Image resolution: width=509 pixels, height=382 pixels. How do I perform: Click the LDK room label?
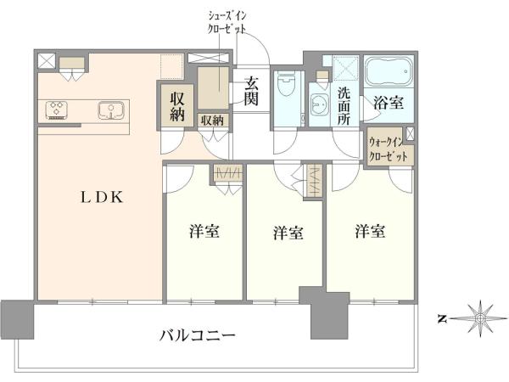click(x=102, y=197)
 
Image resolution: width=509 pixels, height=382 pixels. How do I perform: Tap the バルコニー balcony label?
click(x=197, y=334)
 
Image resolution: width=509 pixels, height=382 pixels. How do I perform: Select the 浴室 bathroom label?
click(x=389, y=103)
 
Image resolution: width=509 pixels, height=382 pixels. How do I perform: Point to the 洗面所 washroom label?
click(x=344, y=106)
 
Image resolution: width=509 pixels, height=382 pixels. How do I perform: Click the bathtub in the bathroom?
click(x=389, y=71)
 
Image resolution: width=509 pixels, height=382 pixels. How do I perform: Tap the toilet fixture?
click(x=286, y=86)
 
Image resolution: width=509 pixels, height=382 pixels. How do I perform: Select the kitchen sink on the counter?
click(x=111, y=110)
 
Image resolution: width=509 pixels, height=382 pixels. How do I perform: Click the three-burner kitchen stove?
click(x=57, y=110)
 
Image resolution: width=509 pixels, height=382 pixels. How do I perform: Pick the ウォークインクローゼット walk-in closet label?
click(x=388, y=149)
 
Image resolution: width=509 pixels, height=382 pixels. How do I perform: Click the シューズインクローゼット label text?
click(x=227, y=22)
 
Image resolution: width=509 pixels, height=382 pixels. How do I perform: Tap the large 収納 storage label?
click(x=177, y=107)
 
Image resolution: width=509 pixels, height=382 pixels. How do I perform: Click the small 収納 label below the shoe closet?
click(x=212, y=121)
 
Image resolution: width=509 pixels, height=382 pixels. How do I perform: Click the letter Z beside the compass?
click(x=441, y=319)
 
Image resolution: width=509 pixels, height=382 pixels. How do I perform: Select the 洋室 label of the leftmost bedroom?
click(x=204, y=232)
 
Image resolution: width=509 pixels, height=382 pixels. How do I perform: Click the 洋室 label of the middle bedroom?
click(x=288, y=233)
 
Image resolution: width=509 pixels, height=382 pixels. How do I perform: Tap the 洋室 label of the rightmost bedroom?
click(x=370, y=231)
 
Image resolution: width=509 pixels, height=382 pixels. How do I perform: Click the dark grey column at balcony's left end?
click(x=17, y=320)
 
